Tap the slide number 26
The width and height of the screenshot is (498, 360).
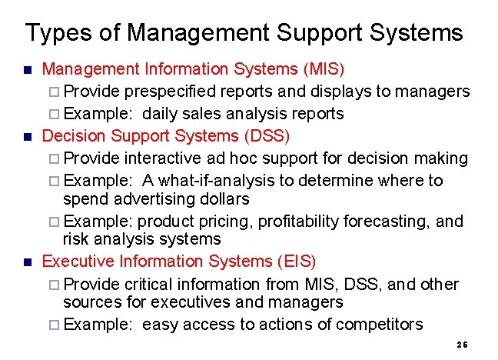(462, 345)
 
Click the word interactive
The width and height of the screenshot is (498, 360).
(163, 158)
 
